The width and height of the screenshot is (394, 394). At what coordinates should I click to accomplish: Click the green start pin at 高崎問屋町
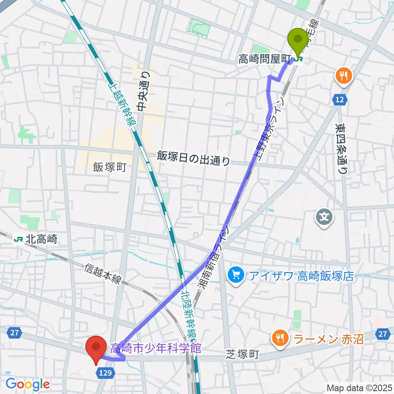pyautogui.click(x=299, y=40)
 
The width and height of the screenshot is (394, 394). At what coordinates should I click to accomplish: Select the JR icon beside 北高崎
pyautogui.click(x=18, y=238)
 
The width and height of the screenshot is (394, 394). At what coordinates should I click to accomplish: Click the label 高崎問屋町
pyautogui.click(x=264, y=60)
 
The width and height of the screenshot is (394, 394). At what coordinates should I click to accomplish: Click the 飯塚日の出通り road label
pyautogui.click(x=193, y=158)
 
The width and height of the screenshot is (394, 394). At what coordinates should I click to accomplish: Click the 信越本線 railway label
pyautogui.click(x=103, y=274)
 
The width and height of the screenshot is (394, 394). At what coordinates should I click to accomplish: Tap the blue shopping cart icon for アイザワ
pyautogui.click(x=236, y=275)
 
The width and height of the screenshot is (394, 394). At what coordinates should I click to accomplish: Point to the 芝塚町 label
pyautogui.click(x=242, y=354)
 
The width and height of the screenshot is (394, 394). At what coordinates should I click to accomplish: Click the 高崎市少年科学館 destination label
pyautogui.click(x=156, y=348)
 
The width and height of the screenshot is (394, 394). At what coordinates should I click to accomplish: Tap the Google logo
pyautogui.click(x=27, y=384)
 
